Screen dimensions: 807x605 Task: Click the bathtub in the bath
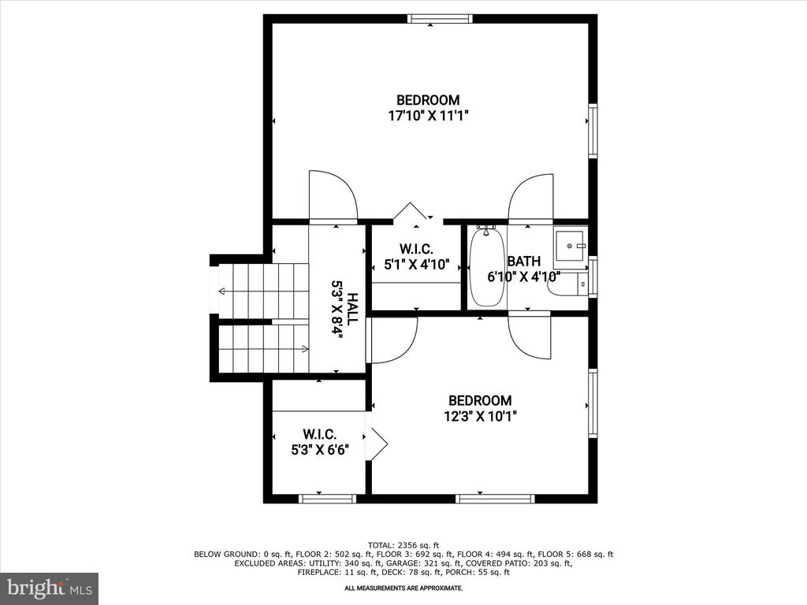(x=486, y=266)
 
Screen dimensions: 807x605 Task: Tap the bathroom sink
(x=571, y=247)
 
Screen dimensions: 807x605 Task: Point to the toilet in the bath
(x=568, y=285)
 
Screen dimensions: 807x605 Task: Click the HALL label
(x=352, y=308)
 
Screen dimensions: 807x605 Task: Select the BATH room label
(x=524, y=261)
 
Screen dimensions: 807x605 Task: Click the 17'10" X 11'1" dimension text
(x=428, y=115)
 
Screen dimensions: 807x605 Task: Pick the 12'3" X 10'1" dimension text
(x=480, y=416)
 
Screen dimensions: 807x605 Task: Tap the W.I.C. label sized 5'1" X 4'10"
(x=416, y=249)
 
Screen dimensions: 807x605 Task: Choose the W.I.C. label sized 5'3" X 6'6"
(x=320, y=434)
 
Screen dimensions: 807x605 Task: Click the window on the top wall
(x=440, y=19)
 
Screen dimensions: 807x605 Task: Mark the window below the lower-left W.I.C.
(x=327, y=499)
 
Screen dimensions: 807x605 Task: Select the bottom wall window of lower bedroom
(x=495, y=499)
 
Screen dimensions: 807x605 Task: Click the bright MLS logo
(x=50, y=588)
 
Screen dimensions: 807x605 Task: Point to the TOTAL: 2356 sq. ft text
(x=403, y=545)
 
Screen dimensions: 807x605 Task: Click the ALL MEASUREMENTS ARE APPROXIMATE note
(x=403, y=588)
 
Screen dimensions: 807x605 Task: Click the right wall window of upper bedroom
(x=593, y=130)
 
